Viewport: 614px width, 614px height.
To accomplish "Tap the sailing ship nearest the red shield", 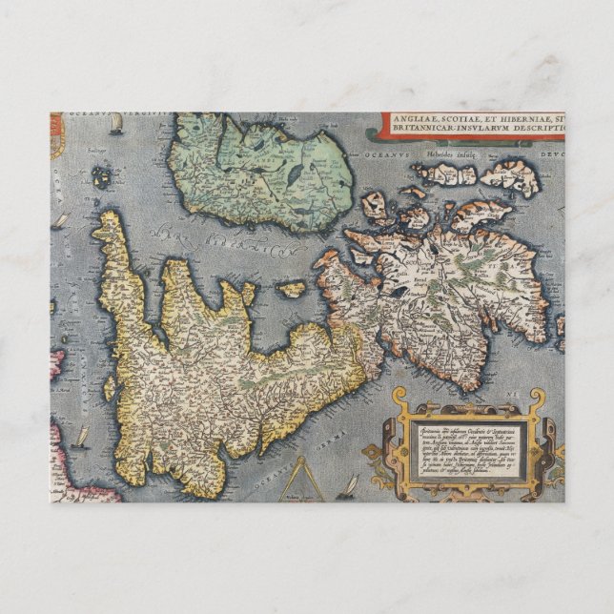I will [115, 126].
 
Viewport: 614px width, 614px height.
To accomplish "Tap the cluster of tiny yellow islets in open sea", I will [101, 177].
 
